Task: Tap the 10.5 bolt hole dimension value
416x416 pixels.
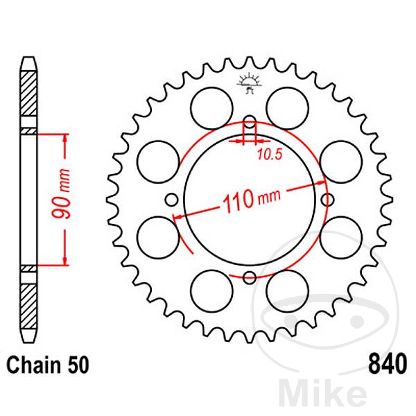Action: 266,155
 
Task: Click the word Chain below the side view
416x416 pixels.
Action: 33,363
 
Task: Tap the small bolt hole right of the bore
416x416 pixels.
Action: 327,200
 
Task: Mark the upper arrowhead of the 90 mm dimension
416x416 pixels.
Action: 65,139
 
